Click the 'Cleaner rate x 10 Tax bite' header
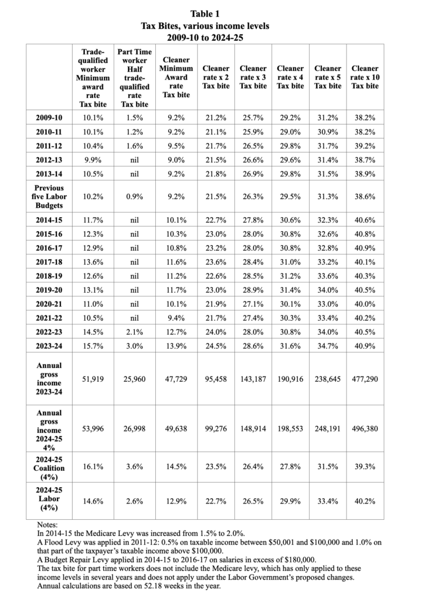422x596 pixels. tap(364, 77)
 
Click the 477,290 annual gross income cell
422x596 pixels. tap(364, 379)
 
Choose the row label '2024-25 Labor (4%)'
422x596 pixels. tap(58, 499)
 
